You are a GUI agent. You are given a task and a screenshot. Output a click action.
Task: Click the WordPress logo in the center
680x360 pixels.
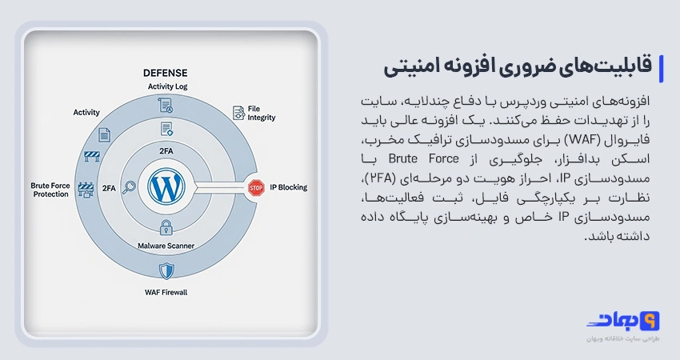[x=166, y=187]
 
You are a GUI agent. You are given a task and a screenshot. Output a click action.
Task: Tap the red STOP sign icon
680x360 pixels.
[x=256, y=188]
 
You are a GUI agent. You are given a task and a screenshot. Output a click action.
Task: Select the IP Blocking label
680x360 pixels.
[x=288, y=187]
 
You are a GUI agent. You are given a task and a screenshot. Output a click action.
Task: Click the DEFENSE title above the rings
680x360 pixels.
[x=166, y=73]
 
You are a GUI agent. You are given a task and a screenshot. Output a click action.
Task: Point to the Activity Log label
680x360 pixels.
[x=167, y=86]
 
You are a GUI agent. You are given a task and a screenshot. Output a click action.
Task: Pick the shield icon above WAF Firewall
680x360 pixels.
[x=166, y=271]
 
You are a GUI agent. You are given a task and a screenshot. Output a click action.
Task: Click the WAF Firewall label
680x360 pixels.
[x=166, y=292]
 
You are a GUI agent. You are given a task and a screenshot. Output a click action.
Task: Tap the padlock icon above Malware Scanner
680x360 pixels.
[x=166, y=227]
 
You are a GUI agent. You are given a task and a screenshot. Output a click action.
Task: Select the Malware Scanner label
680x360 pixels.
[x=166, y=246]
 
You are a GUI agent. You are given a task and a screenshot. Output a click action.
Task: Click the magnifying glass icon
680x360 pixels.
[x=130, y=187]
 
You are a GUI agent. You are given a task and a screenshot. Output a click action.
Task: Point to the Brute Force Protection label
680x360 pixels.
[x=50, y=190]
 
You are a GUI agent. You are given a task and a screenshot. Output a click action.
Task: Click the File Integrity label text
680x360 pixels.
[x=262, y=114]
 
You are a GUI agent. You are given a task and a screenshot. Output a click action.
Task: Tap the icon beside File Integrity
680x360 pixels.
[x=239, y=113]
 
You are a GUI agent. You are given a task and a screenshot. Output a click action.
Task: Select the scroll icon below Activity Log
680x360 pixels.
[x=166, y=106]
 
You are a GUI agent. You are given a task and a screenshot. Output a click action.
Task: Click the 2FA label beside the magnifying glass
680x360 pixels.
[x=109, y=188]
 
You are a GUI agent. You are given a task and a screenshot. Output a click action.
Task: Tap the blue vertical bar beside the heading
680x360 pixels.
[x=661, y=69]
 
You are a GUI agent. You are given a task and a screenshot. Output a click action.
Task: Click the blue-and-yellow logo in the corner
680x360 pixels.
[x=623, y=322]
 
